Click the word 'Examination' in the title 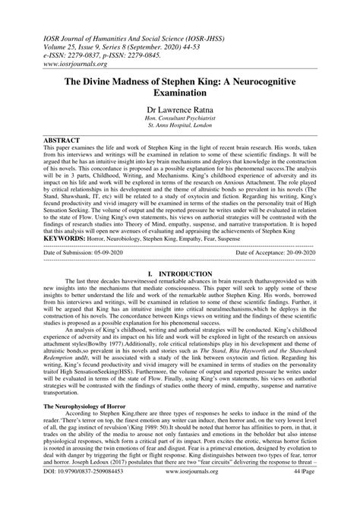pos(179,93)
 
